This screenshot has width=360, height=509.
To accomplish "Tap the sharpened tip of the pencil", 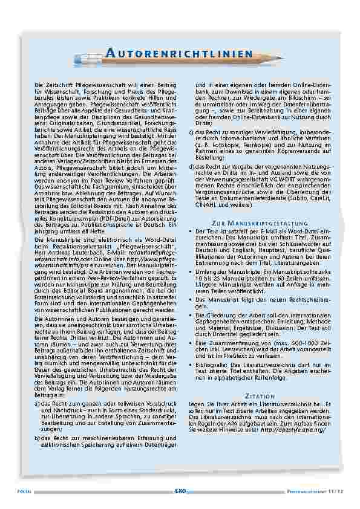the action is pos(282,53).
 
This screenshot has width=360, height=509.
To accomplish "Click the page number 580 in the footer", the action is pos(180,491).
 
